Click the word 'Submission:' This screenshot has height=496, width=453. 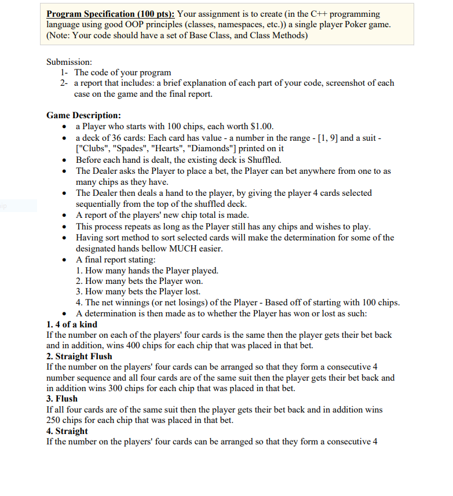70,62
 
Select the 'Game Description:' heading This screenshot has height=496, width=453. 83,115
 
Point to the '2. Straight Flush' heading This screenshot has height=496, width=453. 79,356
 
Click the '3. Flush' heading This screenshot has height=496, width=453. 61,399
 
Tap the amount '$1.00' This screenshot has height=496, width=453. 262,126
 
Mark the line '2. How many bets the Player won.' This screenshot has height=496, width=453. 139,281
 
